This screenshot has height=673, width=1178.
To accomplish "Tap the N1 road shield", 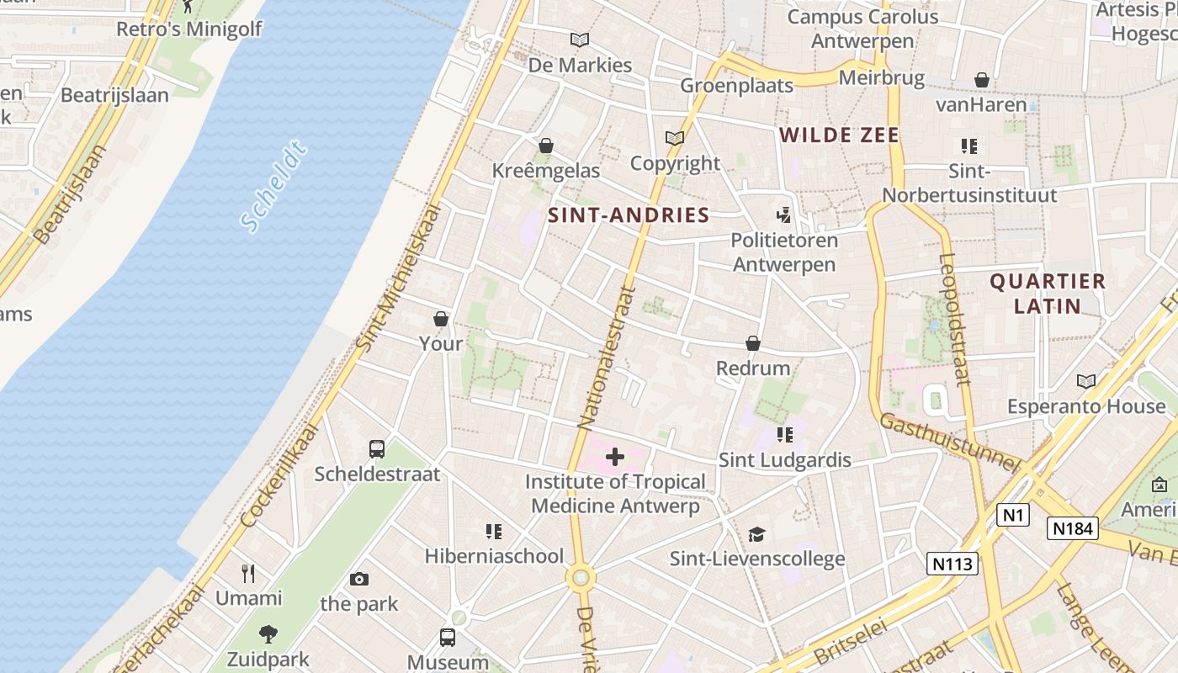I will coord(1012,514).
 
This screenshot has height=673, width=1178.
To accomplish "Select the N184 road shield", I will coord(1073,528).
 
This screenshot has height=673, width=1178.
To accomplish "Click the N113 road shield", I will coord(953,563).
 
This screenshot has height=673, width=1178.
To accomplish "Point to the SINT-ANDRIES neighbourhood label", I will coord(629,215).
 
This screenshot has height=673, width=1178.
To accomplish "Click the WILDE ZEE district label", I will coord(839,135).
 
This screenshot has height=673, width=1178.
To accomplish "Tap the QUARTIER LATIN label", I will coord(1047,293).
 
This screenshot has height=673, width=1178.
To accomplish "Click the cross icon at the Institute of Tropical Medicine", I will coord(615,457).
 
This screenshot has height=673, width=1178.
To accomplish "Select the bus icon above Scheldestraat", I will coord(377,449).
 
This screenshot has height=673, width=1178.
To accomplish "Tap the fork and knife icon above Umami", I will coord(248,574).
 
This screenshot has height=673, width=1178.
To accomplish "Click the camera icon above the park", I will coord(359,579).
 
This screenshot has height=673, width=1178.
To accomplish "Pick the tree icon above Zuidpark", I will coord(268,633).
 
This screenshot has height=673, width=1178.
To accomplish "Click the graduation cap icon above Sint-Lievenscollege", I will coord(756,534).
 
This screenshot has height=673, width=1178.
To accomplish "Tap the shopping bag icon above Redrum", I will coord(753,344).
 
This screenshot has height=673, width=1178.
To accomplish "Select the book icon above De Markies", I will coord(579,40).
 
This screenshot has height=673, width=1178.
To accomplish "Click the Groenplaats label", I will coord(736,86).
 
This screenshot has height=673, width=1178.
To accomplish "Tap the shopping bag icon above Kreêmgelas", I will coord(546,146).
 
